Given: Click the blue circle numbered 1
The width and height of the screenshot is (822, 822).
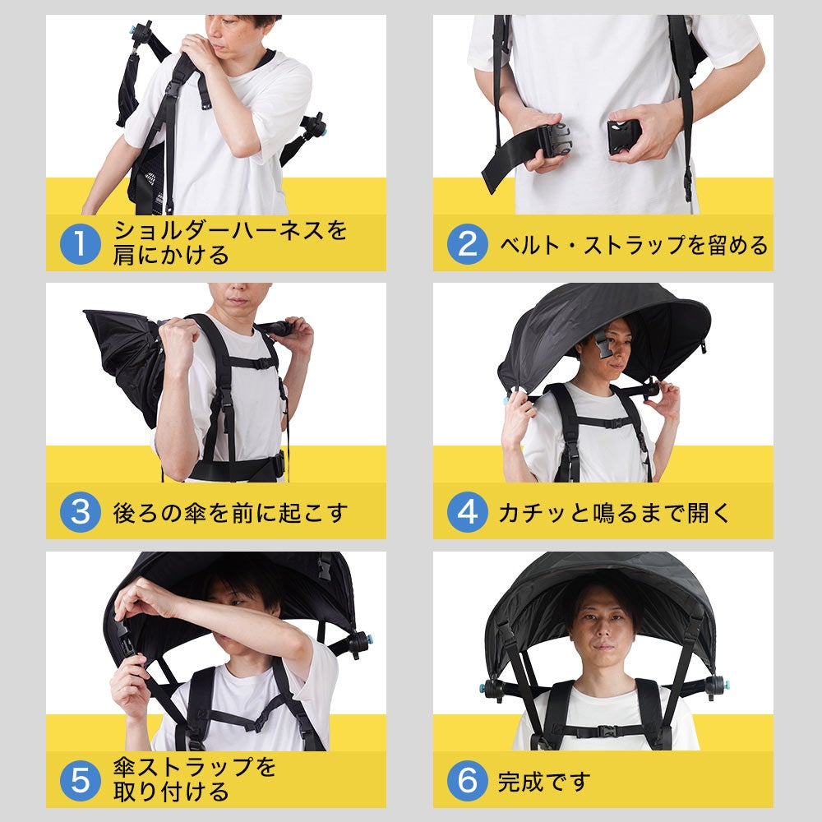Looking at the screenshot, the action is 80,244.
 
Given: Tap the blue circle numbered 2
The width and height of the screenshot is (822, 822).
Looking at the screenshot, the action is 467,244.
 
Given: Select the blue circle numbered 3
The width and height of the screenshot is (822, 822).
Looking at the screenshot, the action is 80,512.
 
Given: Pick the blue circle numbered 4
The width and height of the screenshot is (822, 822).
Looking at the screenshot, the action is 467,512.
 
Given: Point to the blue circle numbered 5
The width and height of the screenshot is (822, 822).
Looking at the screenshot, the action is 80,781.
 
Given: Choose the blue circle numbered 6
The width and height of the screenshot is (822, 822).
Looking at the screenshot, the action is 467,781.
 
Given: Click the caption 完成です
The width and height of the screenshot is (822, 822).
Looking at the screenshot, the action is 544,782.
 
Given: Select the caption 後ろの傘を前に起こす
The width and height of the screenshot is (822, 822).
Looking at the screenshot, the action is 230,513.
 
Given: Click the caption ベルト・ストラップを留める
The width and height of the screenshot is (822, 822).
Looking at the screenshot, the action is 633,245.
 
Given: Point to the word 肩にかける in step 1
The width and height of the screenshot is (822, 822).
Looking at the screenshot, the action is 171,256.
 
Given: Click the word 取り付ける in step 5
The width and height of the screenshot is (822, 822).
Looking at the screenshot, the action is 171,792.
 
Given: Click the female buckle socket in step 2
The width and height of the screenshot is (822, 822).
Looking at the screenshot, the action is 624,136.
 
